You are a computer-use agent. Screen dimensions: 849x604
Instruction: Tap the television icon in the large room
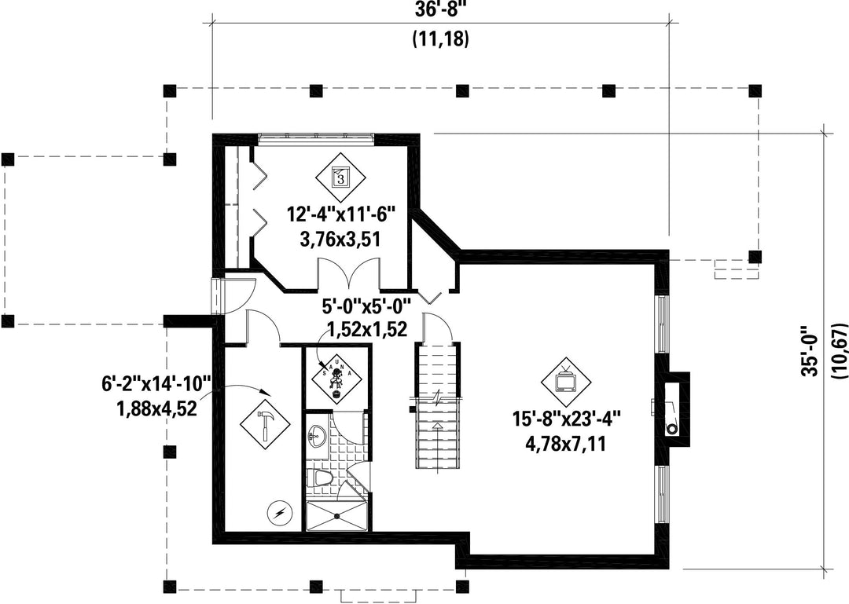566,383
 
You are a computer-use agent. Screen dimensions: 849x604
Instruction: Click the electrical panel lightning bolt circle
280,513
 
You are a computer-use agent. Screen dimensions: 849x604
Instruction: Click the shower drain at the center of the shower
338,515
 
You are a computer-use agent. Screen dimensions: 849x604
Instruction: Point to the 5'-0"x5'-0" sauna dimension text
366,307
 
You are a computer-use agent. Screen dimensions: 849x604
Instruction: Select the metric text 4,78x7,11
565,445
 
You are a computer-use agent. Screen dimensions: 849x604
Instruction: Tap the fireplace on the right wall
674,410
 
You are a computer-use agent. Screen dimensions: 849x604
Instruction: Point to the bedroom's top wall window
316,137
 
